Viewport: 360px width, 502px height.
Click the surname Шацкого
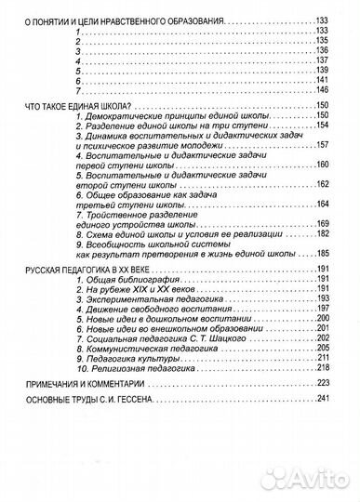coord(216,339)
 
